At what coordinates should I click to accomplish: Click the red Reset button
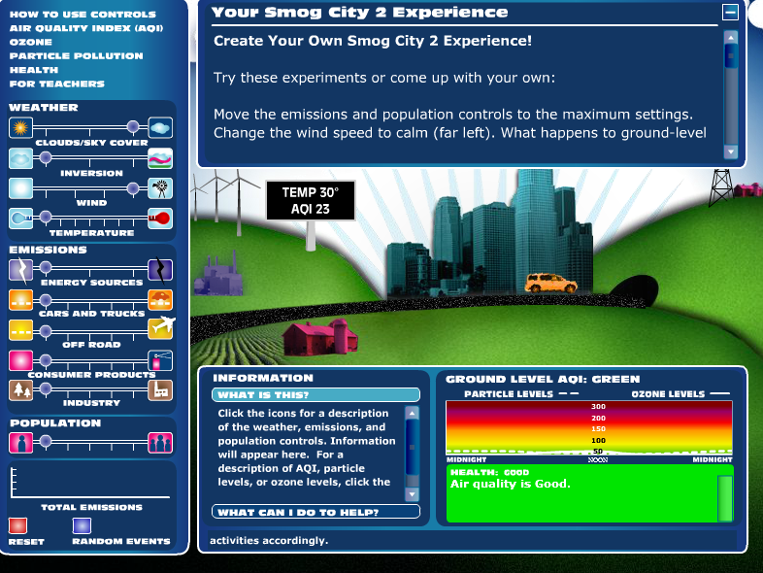tap(17, 525)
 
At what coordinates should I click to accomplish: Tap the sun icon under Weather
tap(21, 127)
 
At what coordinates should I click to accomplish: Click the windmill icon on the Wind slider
tap(160, 188)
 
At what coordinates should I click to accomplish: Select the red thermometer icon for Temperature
tap(160, 219)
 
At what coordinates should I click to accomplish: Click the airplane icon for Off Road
tap(161, 327)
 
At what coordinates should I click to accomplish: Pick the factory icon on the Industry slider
tap(160, 390)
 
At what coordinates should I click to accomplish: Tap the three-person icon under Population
tap(160, 443)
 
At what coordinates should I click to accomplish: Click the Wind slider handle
tap(133, 188)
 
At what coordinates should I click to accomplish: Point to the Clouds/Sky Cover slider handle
tap(133, 127)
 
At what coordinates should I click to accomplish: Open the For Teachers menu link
tap(57, 84)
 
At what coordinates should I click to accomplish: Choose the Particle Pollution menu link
tap(77, 56)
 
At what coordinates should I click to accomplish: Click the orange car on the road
tap(550, 283)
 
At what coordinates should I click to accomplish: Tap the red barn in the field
tap(320, 336)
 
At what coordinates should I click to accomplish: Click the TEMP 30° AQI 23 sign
tap(311, 201)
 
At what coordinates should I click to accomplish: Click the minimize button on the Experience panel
tap(730, 13)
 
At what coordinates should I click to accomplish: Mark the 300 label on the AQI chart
tap(599, 407)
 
